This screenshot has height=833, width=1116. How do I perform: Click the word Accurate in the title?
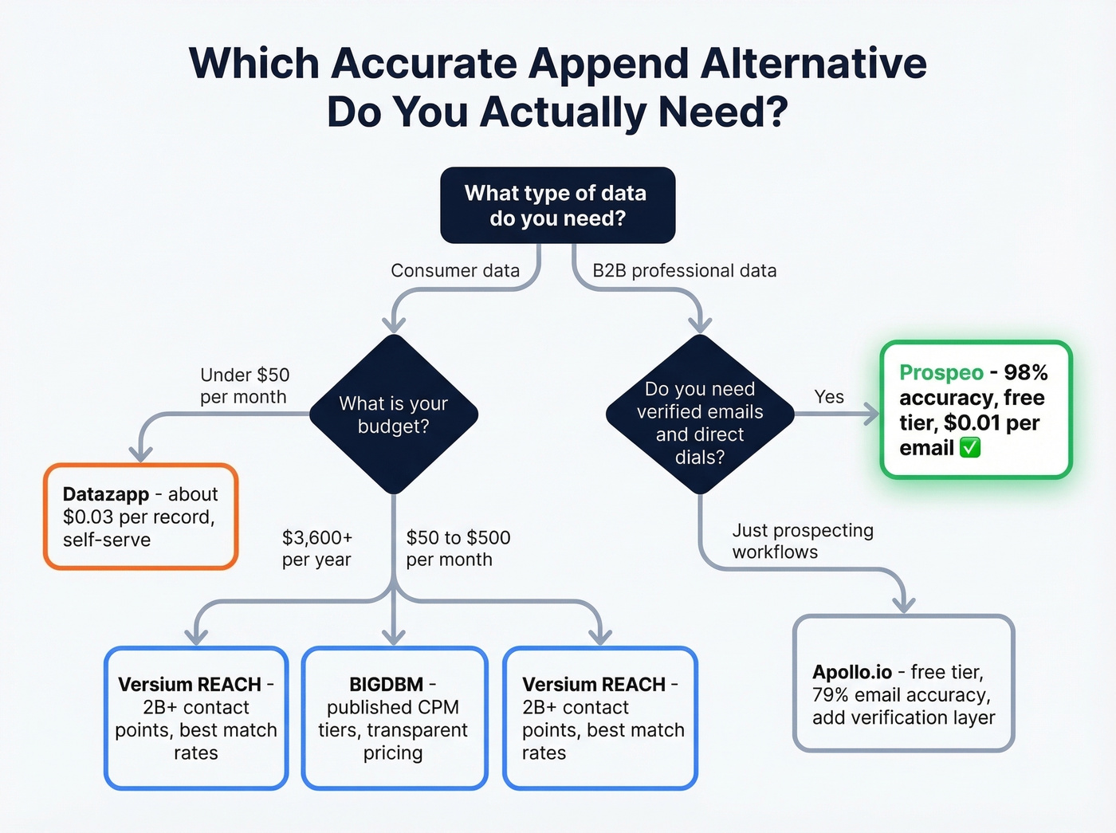[x=424, y=64]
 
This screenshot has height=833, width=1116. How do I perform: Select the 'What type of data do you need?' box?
[x=557, y=205]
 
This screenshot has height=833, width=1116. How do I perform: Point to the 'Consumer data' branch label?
[x=454, y=271]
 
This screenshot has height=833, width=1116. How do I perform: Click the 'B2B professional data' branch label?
[x=684, y=271]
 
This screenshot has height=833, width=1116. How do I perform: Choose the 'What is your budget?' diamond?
[x=394, y=415]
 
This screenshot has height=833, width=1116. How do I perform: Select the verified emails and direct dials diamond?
[x=699, y=415]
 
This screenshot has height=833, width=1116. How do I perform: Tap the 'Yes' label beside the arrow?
[x=829, y=397]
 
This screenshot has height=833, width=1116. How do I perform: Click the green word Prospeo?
[x=941, y=373]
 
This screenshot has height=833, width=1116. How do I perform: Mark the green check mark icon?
[x=970, y=448]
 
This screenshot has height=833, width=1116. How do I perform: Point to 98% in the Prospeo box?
[x=1026, y=373]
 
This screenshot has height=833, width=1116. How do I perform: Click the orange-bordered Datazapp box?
[x=141, y=517]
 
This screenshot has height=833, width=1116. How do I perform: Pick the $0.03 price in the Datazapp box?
[x=88, y=517]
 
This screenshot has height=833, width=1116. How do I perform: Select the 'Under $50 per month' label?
[x=244, y=386]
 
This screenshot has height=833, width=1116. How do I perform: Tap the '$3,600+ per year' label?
[x=316, y=548]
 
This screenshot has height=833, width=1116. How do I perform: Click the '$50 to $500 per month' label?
[x=458, y=548]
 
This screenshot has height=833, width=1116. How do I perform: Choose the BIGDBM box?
[x=394, y=718]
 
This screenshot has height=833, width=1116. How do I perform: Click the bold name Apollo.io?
[x=851, y=672]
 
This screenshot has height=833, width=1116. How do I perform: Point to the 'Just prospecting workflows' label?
[x=802, y=541]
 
